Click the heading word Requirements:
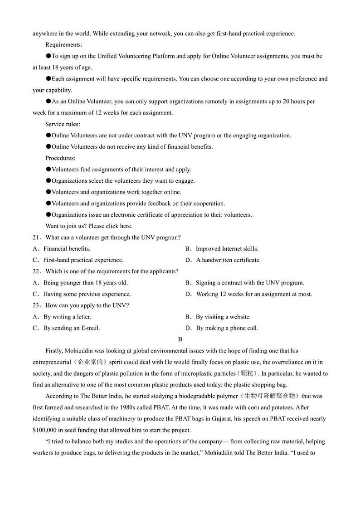click(x=64, y=45)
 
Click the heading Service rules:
click(x=63, y=124)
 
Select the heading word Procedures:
click(x=60, y=158)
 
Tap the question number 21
click(x=36, y=238)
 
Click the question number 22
click(x=36, y=271)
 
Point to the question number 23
click(x=36, y=305)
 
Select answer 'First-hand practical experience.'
click(x=83, y=260)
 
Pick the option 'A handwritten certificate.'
click(x=228, y=260)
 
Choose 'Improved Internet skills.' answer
click(x=227, y=249)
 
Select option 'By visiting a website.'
click(x=223, y=317)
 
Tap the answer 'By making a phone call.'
click(x=227, y=328)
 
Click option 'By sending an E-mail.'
click(x=72, y=328)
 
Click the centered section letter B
click(x=180, y=339)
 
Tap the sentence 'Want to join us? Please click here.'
click(x=89, y=226)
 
